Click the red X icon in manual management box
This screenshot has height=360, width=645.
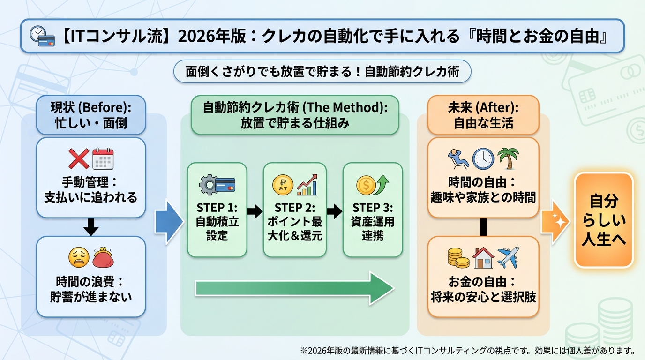(79, 159)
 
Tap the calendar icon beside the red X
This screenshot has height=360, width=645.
(103, 159)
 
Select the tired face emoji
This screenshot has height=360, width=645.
(79, 257)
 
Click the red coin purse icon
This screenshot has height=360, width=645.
(104, 257)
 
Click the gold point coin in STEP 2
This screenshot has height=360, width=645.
(283, 185)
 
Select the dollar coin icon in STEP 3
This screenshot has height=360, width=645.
(366, 185)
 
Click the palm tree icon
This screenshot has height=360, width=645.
(508, 158)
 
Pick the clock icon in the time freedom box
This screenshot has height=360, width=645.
(483, 159)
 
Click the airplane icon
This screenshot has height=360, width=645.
(509, 257)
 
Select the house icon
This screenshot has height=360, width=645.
(483, 257)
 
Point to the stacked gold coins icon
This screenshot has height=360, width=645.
(458, 258)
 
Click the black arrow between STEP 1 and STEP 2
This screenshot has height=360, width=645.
(255, 211)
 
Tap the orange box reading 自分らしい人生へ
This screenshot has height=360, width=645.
(603, 220)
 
